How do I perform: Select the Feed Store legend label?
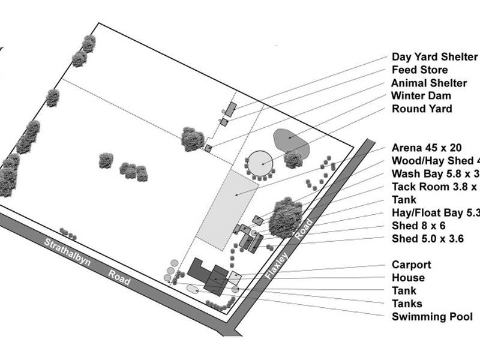coord(419,70)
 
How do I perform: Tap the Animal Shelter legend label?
coord(429,83)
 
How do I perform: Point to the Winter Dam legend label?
coord(421,96)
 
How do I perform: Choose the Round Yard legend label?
coord(422,109)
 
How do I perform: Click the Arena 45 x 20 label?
coord(427,148)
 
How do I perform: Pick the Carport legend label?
coord(412,265)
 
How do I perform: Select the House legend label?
coord(408,278)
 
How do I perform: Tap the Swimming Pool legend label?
coord(432,317)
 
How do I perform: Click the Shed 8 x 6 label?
coord(418,226)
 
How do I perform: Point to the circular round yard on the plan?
coord(261,161)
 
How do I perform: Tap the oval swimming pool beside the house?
coord(193,289)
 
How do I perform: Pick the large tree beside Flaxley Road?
coord(284,217)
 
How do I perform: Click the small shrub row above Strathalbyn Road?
coord(68,233)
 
